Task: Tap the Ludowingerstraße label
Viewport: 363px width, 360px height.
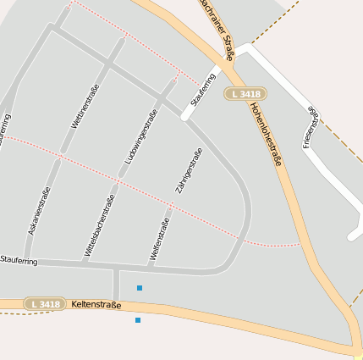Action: [140, 136]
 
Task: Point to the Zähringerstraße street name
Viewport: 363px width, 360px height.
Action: [189, 171]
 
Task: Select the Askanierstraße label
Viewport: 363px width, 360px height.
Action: [39, 210]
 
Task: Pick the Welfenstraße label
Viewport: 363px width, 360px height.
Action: [160, 238]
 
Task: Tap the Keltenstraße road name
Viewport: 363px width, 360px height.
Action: [96, 304]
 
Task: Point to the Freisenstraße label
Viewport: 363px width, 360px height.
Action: [311, 126]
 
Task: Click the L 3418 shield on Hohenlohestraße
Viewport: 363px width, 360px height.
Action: [245, 93]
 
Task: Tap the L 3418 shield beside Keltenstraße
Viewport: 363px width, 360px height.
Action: [44, 303]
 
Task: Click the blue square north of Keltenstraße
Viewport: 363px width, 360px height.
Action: [140, 288]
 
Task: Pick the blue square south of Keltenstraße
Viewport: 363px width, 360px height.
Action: [137, 320]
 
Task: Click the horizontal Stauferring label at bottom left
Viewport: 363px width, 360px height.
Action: [19, 260]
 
